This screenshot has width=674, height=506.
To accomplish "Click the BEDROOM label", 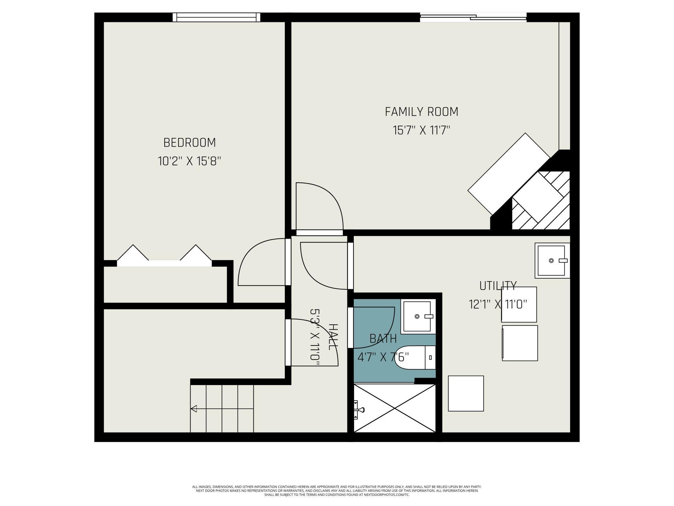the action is point(190,142).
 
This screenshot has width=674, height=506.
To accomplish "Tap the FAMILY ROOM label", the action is point(422,112).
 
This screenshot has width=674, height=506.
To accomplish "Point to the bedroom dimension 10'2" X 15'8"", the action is point(190,161).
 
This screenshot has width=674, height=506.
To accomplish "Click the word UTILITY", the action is point(498,286).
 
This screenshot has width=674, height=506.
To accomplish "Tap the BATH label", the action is point(383,339).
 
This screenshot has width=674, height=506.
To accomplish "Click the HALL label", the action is point(333,337).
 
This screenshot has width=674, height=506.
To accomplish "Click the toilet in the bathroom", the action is point(415,357).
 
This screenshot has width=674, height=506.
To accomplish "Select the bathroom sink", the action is point(418,316).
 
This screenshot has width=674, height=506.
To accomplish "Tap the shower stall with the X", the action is point(394,408).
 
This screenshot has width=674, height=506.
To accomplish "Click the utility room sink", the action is point(552,260).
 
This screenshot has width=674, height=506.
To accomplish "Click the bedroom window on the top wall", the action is point(216,17).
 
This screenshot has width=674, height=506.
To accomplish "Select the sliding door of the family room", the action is point(473,18).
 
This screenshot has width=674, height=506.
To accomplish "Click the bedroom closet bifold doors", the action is point(164,256).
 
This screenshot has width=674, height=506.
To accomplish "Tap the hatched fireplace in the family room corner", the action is point(541,200).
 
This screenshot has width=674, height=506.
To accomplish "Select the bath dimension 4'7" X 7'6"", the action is point(383,357).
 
